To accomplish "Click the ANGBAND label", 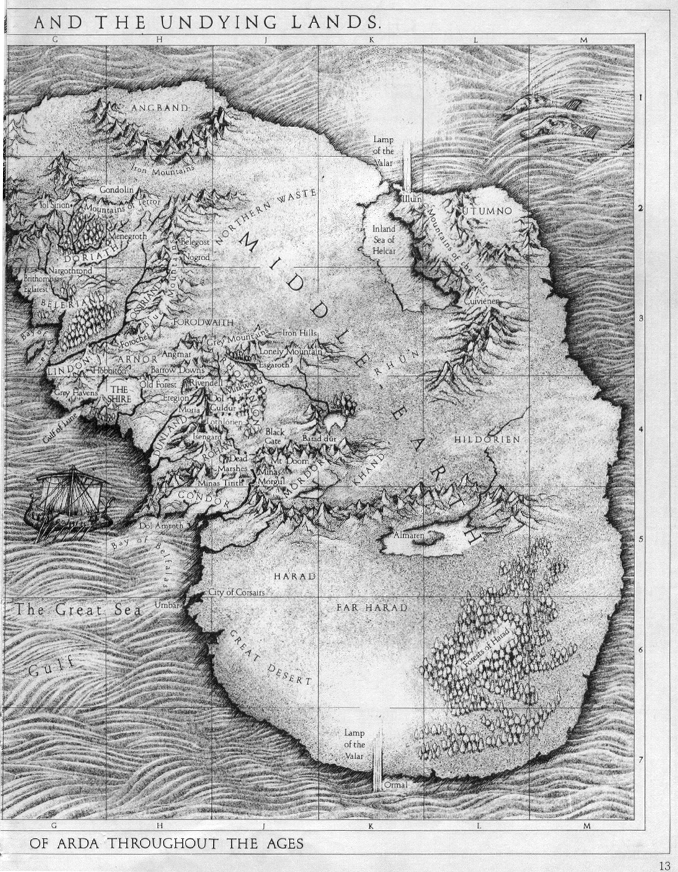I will tap(159, 108).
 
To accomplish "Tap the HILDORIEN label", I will tap(486, 439).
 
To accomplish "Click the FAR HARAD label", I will tap(372, 606).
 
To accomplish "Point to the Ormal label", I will tap(395, 785).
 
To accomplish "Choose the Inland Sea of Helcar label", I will tap(383, 240).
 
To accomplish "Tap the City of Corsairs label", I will tap(237, 592).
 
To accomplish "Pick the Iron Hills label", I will tap(300, 333).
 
